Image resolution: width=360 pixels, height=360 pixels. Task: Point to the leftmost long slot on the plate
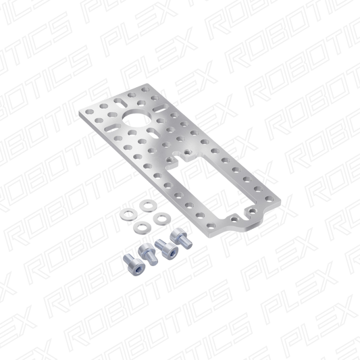pyautogui.click(x=113, y=128)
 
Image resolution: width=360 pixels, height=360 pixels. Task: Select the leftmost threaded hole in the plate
pyautogui.click(x=170, y=159)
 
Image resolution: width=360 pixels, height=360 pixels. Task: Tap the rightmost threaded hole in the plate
pyautogui.click(x=253, y=210)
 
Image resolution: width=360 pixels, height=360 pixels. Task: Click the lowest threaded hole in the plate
pyautogui.click(x=234, y=217)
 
